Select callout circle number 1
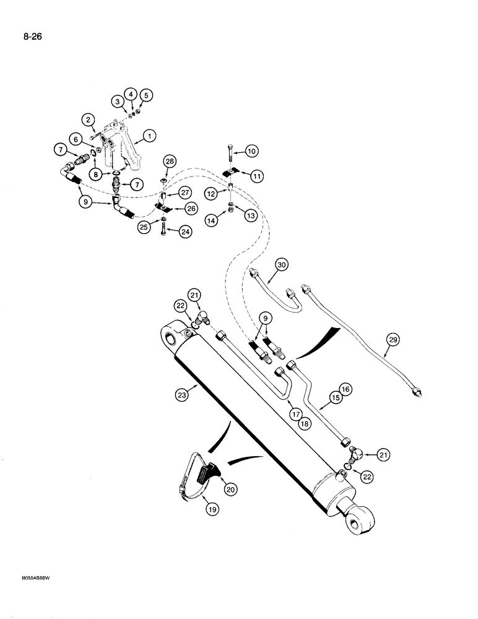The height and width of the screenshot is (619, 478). (x=148, y=136)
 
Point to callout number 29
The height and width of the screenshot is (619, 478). (x=391, y=339)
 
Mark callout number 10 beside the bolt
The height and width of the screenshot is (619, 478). (x=251, y=151)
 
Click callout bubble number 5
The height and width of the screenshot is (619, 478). (x=146, y=95)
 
